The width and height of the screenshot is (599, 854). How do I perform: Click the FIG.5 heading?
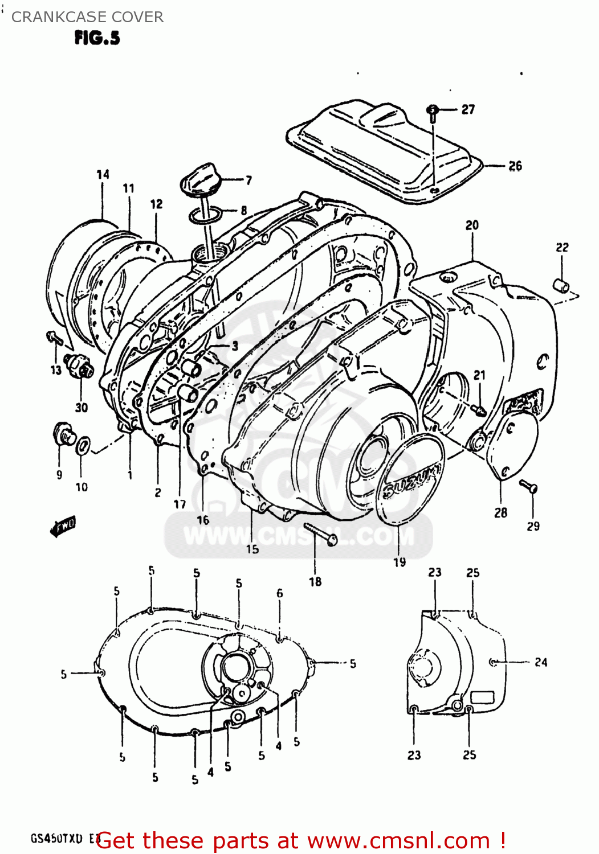click(x=97, y=38)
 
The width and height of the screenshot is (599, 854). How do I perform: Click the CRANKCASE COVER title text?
click(x=87, y=17)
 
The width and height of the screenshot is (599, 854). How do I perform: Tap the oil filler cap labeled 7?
click(x=199, y=179)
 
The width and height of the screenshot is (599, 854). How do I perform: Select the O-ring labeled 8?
click(x=205, y=216)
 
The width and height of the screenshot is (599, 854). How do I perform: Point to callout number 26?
click(x=515, y=166)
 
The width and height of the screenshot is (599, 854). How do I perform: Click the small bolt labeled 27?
click(x=433, y=112)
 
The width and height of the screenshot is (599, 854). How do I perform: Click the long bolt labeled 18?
click(x=321, y=535)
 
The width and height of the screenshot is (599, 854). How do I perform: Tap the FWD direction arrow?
click(x=63, y=527)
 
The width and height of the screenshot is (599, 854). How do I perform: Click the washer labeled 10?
click(x=83, y=446)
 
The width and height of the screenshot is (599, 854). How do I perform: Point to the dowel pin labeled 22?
click(x=561, y=285)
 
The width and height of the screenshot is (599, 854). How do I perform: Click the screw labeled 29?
click(x=529, y=487)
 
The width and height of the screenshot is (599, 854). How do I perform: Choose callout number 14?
click(x=103, y=174)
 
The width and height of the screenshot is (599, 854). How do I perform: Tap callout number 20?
click(x=472, y=225)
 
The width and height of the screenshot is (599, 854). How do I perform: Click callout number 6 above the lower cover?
click(x=279, y=593)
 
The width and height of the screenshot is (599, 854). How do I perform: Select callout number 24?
click(x=540, y=662)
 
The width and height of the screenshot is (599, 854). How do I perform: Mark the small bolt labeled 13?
click(x=55, y=338)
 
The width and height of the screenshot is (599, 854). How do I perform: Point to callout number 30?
click(x=82, y=407)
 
